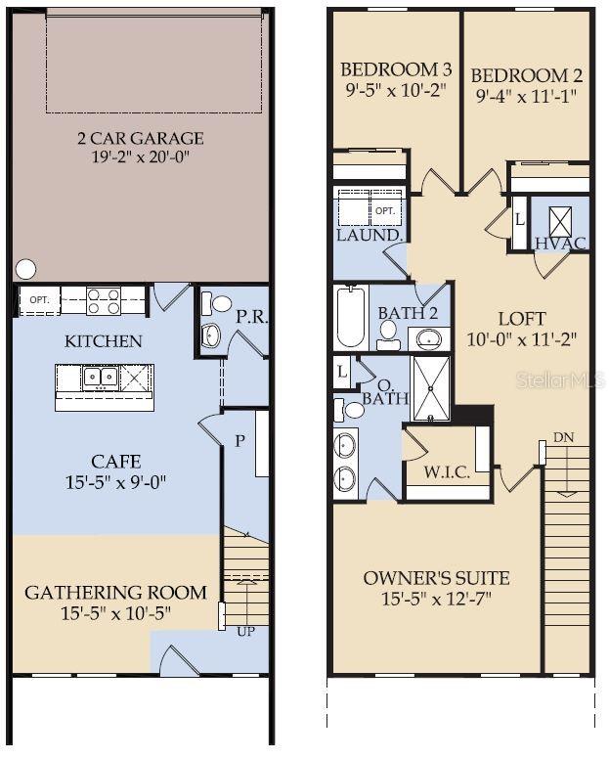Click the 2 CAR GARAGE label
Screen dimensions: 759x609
[x=141, y=139]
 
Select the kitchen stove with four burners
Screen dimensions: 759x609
[x=103, y=300]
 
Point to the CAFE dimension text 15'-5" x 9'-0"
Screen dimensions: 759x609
[x=116, y=481]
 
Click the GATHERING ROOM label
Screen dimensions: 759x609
[x=115, y=592]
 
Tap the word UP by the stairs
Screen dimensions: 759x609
[x=245, y=632]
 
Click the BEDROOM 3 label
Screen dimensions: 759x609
[x=395, y=70]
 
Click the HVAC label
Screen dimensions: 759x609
[x=561, y=243]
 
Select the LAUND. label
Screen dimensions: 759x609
[x=370, y=236]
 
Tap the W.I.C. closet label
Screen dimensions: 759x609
[x=447, y=472]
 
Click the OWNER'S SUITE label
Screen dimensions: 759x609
[x=436, y=578]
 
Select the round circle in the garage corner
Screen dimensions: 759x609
[x=26, y=268]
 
